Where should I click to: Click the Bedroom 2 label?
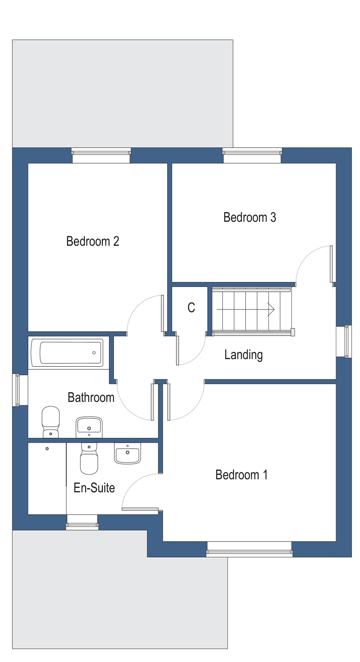[x=92, y=241]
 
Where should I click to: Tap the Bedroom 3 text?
[x=249, y=217]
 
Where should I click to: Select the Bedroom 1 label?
[x=241, y=475]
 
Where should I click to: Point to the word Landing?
[x=243, y=355]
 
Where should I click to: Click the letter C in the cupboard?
[x=191, y=308]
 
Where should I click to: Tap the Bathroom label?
[x=91, y=398]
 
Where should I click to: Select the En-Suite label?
[x=94, y=488]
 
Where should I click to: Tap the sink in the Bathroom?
[x=89, y=426]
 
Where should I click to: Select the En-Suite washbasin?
[x=127, y=453]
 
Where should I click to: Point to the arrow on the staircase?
[x=271, y=310]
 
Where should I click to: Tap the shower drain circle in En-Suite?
[x=47, y=449]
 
